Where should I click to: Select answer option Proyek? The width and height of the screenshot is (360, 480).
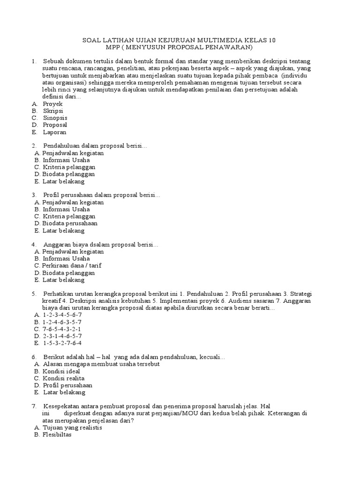pyautogui.click(x=52, y=104)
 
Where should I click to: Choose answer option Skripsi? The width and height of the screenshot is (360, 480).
pyautogui.click(x=53, y=111)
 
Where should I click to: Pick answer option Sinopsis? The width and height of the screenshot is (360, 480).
pyautogui.click(x=55, y=118)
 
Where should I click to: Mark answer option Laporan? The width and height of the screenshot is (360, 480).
pyautogui.click(x=54, y=132)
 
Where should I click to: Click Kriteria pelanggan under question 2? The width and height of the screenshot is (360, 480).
pyautogui.click(x=69, y=167)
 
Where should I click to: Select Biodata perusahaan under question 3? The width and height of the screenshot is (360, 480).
pyautogui.click(x=70, y=224)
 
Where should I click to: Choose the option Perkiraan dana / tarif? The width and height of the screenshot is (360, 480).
pyautogui.click(x=72, y=265)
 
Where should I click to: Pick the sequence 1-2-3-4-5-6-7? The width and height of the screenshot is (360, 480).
pyautogui.click(x=62, y=315)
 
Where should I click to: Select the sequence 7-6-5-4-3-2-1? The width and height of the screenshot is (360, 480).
pyautogui.click(x=62, y=329)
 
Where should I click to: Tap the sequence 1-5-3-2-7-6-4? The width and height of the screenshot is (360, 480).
pyautogui.click(x=62, y=343)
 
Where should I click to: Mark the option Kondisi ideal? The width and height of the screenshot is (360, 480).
pyautogui.click(x=61, y=371)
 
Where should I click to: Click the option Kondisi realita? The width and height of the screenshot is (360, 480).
pyautogui.click(x=64, y=378)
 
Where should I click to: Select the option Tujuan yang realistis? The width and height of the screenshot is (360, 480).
pyautogui.click(x=72, y=427)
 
